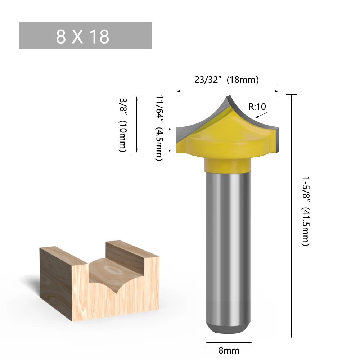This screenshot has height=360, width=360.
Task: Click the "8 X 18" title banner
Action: point(86,36)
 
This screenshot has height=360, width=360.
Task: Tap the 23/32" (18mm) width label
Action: point(226,80)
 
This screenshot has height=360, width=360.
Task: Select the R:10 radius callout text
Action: point(257,107)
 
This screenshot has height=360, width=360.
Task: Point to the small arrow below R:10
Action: point(261,115)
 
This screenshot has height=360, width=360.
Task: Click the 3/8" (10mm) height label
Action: point(123,125)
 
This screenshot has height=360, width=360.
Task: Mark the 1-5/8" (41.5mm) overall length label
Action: point(306,211)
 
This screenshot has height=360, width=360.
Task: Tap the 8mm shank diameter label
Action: point(229,350)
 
